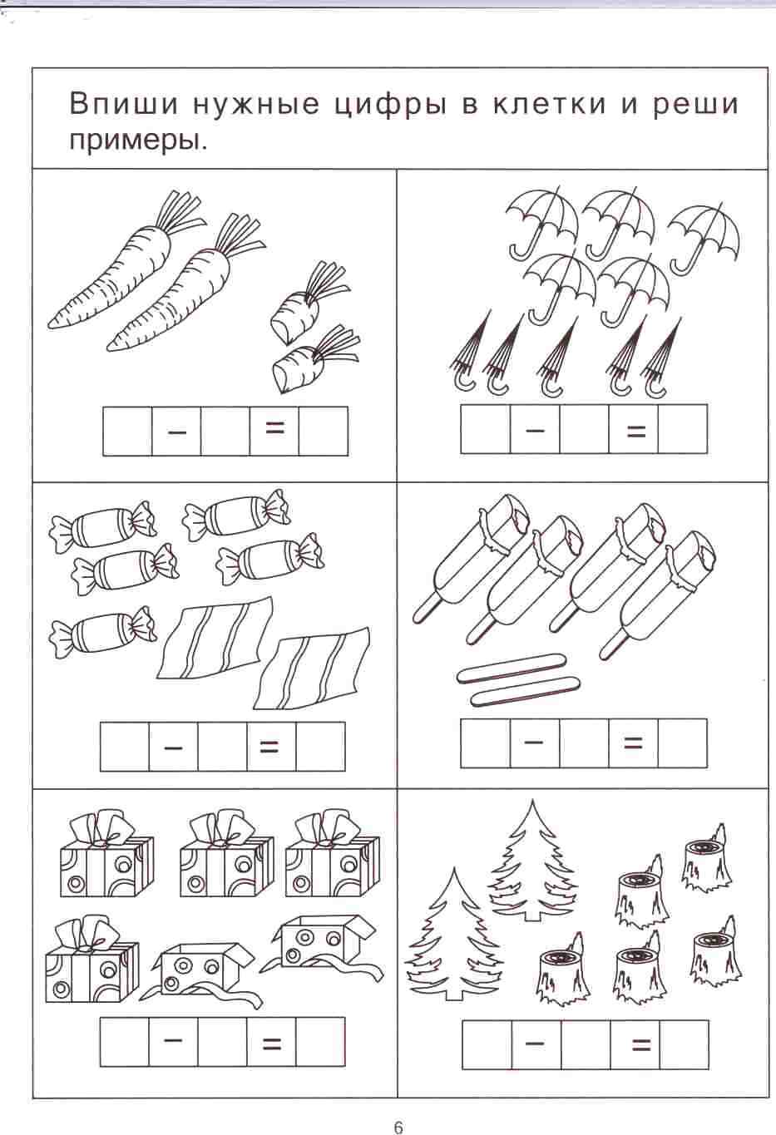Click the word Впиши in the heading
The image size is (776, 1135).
[124, 104]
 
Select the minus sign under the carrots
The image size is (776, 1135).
[176, 432]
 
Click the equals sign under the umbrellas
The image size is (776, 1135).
[636, 432]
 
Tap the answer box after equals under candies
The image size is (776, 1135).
[320, 747]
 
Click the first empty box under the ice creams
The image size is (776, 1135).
[485, 743]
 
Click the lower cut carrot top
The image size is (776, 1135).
[314, 358]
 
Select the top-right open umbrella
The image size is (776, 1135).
[704, 237]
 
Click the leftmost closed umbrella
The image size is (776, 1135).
[469, 353]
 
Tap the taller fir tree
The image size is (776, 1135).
[532, 861]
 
